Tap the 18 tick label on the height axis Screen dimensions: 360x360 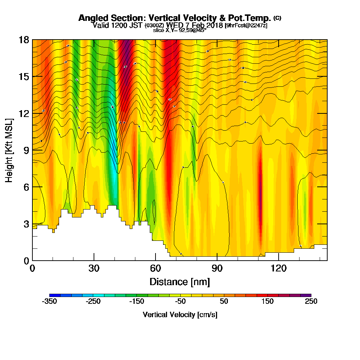24,40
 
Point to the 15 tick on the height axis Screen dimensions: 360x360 24,76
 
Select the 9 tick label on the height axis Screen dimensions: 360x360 26,150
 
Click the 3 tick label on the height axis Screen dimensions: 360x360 26,224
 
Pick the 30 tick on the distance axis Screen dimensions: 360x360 94,268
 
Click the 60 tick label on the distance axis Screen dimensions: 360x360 155,268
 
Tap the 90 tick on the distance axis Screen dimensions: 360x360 217,268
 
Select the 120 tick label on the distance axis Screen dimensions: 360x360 278,268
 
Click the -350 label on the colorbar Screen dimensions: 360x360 49,302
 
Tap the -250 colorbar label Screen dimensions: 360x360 93,302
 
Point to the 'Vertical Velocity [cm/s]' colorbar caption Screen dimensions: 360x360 180,315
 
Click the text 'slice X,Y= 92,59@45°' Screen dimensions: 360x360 180,30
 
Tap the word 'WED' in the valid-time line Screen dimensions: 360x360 172,25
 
